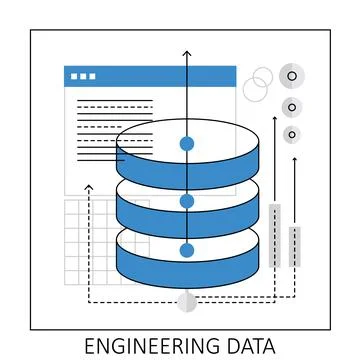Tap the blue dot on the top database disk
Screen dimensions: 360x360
(186, 144)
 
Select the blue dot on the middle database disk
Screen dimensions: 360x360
(186, 201)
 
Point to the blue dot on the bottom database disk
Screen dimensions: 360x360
(186, 250)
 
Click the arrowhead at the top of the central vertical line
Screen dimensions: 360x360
(186, 49)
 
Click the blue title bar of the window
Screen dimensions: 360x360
(150, 75)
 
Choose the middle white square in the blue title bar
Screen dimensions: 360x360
(83, 75)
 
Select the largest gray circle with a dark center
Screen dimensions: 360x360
(291, 74)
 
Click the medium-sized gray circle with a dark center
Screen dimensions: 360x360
(291, 107)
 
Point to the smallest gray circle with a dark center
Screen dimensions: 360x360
(291, 134)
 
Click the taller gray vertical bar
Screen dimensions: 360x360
(274, 235)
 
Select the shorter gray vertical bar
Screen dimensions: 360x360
(294, 246)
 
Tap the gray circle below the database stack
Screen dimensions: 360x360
(186, 301)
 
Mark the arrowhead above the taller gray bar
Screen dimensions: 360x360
(274, 118)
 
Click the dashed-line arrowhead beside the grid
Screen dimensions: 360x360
(89, 187)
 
